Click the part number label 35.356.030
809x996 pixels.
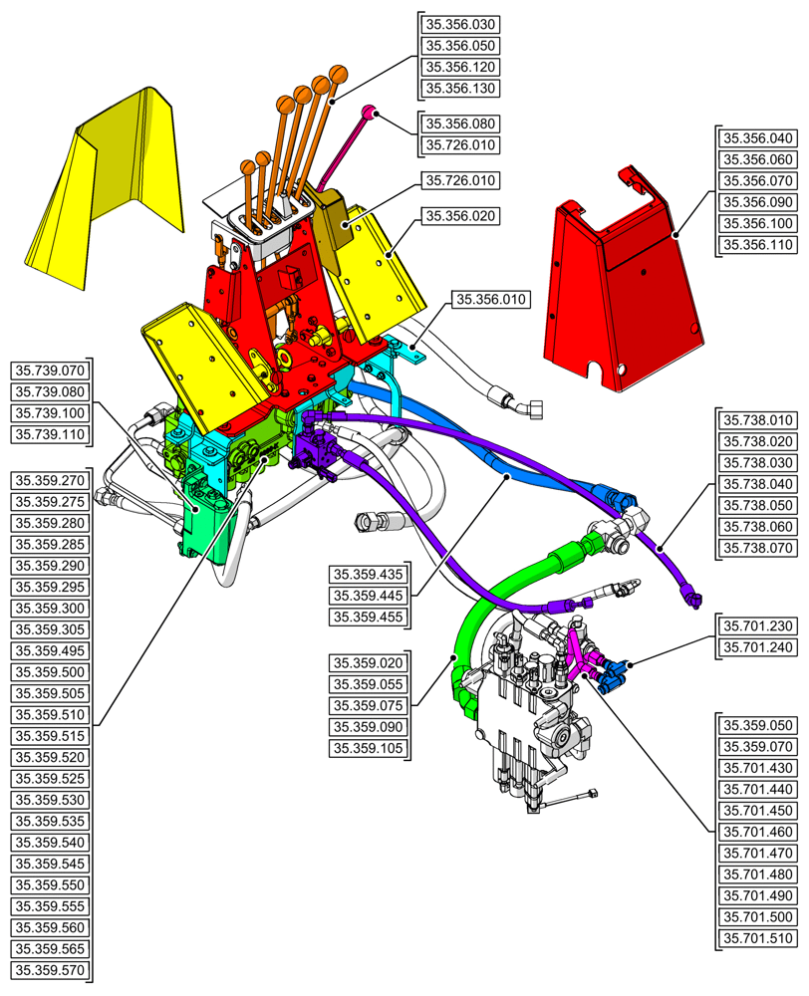coord(460,24)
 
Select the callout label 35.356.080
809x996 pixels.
coord(460,124)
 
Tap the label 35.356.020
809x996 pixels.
coord(460,215)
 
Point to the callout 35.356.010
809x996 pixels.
coord(491,299)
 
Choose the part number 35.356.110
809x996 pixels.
coord(756,245)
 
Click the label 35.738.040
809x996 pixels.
coord(756,483)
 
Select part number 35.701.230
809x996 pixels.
coord(756,625)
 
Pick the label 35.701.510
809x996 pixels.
coord(756,938)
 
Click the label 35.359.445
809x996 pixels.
coord(369,596)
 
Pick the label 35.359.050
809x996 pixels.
coord(756,725)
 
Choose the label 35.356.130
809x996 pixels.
coord(460,89)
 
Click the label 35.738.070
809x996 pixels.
coord(756,548)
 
